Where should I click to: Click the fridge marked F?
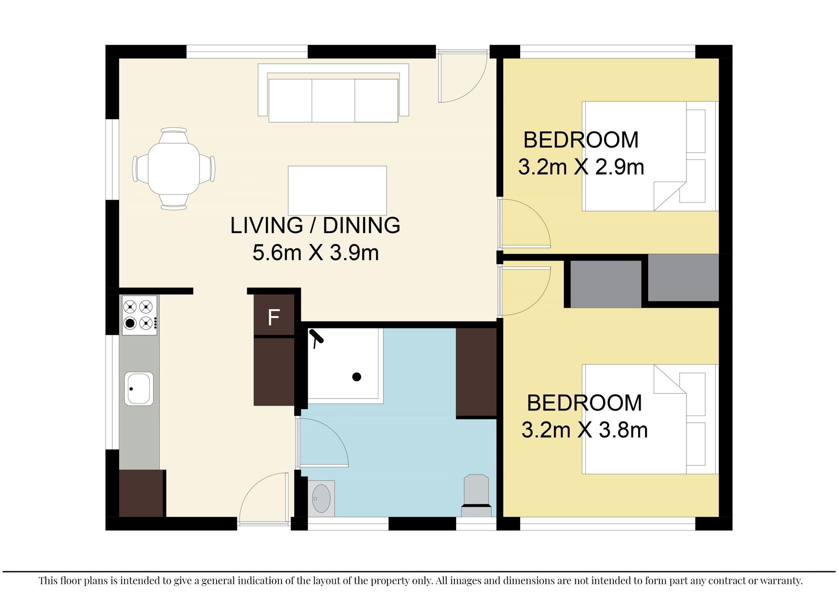(274, 315)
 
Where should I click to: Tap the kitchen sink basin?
(139, 389)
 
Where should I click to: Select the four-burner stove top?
(139, 315)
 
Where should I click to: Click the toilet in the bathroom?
(476, 496)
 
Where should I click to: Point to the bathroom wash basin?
(321, 498)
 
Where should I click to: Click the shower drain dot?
(357, 376)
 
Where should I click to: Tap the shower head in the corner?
(316, 337)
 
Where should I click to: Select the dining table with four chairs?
(174, 169)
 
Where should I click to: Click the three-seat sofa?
(333, 93)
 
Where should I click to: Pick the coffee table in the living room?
(337, 190)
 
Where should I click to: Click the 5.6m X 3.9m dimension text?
(316, 253)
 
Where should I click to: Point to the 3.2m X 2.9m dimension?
(581, 167)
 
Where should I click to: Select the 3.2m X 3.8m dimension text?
(584, 430)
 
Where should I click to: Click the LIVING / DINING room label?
(315, 226)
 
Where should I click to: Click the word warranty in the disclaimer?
(781, 581)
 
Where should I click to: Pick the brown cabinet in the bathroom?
(476, 372)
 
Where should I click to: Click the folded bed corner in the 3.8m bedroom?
(670, 379)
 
